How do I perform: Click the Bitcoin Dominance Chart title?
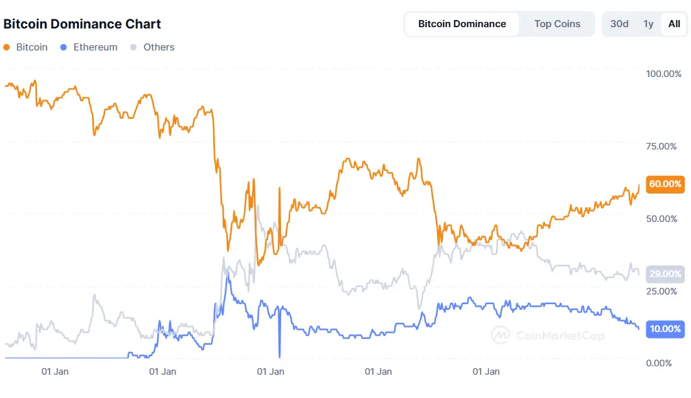82,24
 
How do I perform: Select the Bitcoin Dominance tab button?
462,24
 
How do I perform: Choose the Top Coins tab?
557,24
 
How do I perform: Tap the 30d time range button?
619,24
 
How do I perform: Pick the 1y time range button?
648,24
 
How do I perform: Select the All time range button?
674,24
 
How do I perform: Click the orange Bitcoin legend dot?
7,47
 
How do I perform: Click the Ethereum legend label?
95,47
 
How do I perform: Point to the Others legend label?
159,47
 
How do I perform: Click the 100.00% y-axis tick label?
664,74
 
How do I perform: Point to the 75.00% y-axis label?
661,146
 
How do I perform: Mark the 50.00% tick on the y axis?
661,219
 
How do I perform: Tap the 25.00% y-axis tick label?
661,291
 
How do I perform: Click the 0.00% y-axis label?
663,363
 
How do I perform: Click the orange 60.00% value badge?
665,184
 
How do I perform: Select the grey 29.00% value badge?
665,274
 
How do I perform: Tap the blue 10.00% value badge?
665,329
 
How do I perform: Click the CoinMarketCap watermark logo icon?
500,335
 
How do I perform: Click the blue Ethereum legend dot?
63,47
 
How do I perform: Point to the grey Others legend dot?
134,47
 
